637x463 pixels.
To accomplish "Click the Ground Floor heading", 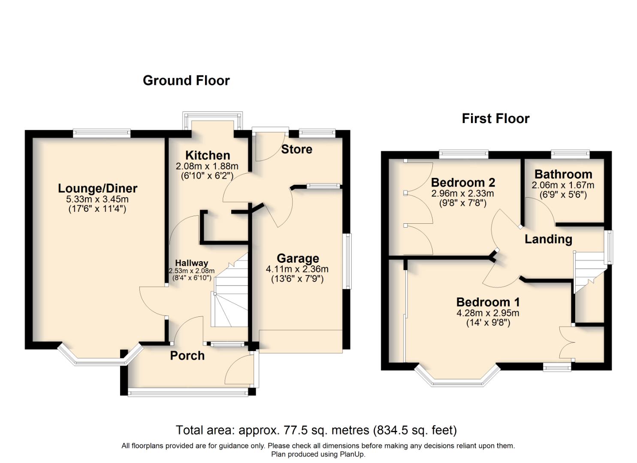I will coord(186,81).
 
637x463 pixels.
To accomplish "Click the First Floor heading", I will coord(495,118).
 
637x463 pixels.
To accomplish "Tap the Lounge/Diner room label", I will coord(97,188).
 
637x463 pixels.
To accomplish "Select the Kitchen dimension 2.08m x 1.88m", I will coord(207,166).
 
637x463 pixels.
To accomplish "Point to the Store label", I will coord(296,149).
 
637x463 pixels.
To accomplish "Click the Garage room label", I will coord(298,258).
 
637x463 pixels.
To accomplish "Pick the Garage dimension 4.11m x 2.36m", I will coord(297,269).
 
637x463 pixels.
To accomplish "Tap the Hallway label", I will coord(191,263).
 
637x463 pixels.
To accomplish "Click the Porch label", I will coord(187,355).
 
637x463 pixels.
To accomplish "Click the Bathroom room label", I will coord(563,174).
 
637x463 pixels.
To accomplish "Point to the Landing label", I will coord(548,239).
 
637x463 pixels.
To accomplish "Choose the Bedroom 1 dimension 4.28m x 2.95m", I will coord(488,313).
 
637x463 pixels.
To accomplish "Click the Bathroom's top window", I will coord(570,153).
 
